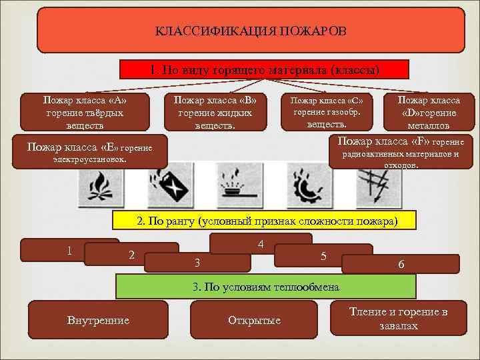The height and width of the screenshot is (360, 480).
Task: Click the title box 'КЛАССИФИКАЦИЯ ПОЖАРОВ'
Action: pos(250,31)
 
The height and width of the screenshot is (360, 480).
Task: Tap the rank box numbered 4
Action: pos(261,243)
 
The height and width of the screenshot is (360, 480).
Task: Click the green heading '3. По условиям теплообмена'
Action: pos(266,287)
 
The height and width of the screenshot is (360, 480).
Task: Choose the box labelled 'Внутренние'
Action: pos(98,321)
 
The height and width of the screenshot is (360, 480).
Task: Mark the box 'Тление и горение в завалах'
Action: pos(399,319)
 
